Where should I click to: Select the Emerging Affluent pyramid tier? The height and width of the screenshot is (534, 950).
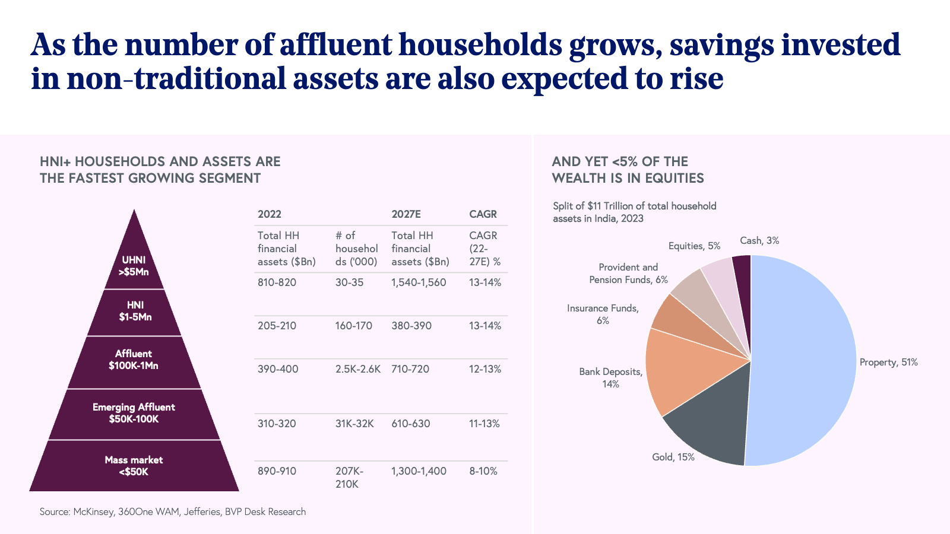point(134,414)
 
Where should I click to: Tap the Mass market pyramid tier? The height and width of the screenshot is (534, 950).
point(134,466)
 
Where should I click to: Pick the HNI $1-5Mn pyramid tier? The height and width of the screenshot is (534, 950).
point(135,311)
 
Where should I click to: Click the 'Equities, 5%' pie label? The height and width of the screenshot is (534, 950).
point(694,246)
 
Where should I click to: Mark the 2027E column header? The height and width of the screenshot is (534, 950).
point(406,214)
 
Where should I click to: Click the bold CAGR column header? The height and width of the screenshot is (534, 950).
point(483,214)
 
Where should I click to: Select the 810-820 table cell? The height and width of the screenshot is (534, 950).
point(277,282)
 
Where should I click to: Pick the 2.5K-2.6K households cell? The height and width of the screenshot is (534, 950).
point(357,369)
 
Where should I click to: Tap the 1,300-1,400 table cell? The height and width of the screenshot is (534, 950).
point(419,471)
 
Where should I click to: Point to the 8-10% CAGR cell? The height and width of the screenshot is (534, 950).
point(483,471)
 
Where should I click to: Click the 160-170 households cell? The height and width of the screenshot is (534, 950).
point(353,326)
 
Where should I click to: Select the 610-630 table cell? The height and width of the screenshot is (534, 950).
point(410,424)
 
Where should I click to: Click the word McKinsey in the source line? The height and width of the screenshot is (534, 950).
point(93,511)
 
